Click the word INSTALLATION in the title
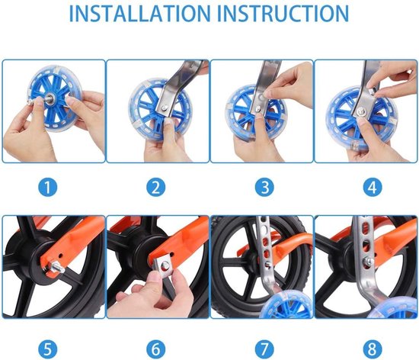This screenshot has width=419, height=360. (x=140, y=14)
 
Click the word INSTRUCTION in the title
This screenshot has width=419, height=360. (x=283, y=14)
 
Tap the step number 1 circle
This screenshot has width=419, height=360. (x=47, y=187)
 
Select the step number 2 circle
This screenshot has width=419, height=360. (x=156, y=187)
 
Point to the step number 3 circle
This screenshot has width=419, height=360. (x=264, y=187)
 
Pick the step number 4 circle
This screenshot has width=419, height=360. (x=373, y=187)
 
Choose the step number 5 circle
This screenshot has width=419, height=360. (x=47, y=349)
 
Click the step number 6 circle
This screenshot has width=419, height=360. (x=156, y=349)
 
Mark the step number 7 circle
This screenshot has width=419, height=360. (x=264, y=349)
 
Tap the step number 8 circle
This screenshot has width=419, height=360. (x=373, y=349)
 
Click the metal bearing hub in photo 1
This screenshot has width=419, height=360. (x=50, y=98)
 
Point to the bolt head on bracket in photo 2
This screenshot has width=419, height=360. (x=165, y=108)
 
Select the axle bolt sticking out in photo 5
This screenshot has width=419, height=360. (x=58, y=268)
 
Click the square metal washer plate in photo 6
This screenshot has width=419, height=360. (x=164, y=265)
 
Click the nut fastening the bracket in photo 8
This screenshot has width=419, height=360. (x=369, y=260)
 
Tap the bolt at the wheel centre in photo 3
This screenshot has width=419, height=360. (x=259, y=108)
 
